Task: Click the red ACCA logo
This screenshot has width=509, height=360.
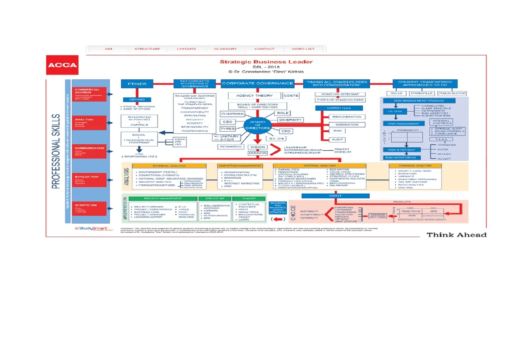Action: coord(62,65)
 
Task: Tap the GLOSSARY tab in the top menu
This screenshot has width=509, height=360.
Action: coord(225,49)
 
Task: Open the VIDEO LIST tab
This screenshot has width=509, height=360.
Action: coord(303,49)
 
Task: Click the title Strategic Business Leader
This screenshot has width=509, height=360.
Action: coord(266,62)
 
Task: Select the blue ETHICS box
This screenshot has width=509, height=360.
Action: coord(137,84)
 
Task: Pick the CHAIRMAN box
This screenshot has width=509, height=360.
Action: coord(232,114)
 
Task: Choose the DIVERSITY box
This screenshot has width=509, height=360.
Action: coord(290,120)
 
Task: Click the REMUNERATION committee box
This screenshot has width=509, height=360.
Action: coord(347,117)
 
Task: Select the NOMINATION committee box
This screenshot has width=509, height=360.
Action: coord(347,124)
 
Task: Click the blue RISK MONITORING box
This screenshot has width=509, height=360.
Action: coord(400,157)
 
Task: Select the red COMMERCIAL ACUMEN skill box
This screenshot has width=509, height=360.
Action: coord(89,94)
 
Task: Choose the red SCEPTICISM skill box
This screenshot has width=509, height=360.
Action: coord(89,208)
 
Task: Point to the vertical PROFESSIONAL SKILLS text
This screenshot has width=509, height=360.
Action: coord(56,151)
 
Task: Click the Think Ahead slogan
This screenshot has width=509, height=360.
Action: coord(456,235)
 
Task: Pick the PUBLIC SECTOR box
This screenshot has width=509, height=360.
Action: coord(452,93)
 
